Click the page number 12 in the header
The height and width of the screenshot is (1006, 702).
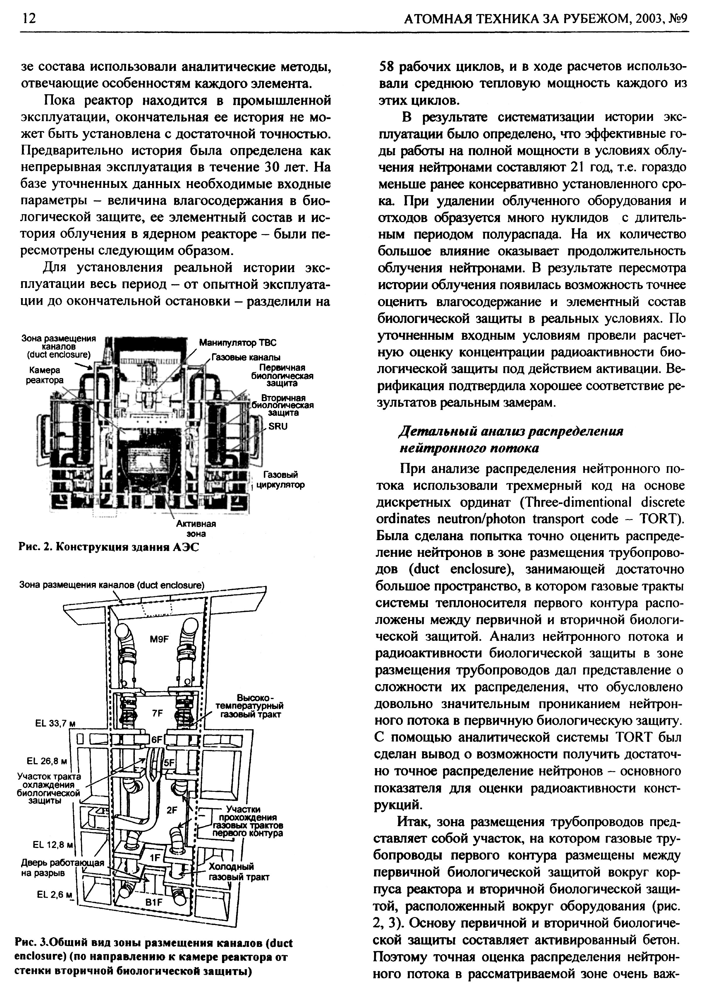[27, 18]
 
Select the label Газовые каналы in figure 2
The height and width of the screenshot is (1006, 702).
[246, 358]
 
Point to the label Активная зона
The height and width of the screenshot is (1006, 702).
[196, 529]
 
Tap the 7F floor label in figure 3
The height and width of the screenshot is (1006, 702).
[157, 713]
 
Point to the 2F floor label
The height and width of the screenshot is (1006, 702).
[172, 810]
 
